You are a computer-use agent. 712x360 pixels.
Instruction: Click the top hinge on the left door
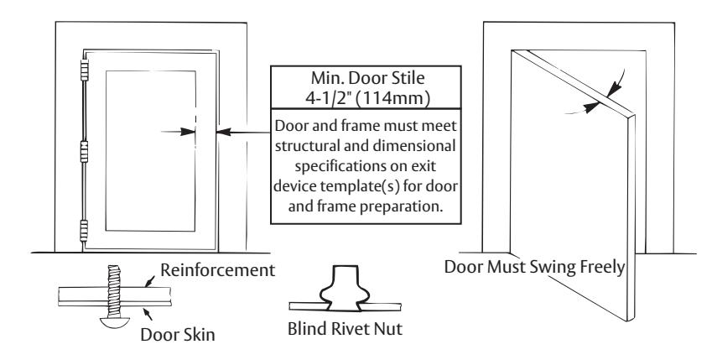tap(84, 70)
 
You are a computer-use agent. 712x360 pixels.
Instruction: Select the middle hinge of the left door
tap(84, 151)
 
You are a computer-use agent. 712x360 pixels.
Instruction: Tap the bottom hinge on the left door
tap(84, 231)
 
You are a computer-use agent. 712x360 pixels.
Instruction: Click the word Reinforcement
tap(217, 270)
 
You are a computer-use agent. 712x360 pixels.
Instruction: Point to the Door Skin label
tap(178, 335)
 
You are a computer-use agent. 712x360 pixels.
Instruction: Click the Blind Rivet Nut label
tap(346, 328)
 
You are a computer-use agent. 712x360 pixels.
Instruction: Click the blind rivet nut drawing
tap(346, 289)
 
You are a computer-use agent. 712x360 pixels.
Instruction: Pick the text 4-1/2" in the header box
tap(328, 99)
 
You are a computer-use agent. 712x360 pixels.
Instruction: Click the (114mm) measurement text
tap(392, 99)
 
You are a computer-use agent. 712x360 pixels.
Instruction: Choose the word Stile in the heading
tap(408, 78)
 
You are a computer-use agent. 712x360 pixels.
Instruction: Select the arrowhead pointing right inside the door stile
tap(188, 132)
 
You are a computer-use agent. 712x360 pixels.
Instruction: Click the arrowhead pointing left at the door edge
tap(224, 133)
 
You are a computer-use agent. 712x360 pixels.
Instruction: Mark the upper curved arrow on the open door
tap(616, 85)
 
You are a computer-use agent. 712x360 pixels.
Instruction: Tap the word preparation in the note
tap(402, 207)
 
